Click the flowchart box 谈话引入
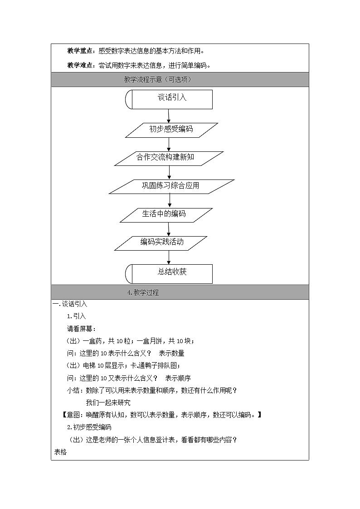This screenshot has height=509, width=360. coord(169,99)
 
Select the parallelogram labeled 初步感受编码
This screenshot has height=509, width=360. coord(171,130)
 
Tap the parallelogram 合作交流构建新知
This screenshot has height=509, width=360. coord(169,158)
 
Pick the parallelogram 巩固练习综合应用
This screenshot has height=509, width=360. coord(171,186)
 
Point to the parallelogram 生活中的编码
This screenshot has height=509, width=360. coord(166,214)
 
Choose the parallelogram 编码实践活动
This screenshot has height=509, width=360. coord(161,242)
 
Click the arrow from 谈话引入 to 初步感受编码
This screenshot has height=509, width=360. coord(169,116)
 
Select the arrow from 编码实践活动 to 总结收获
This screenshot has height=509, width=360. coord(169,257)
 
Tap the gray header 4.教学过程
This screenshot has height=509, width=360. coord(143,292)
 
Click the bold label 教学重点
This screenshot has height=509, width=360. coord(81,51)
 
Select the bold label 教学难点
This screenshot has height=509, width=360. coord(81,65)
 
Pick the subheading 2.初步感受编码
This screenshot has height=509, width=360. coord(89,427)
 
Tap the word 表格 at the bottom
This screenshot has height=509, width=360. coord(60,452)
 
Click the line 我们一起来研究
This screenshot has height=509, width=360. coord(108,402)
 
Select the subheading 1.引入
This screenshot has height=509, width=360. coord(76,316)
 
